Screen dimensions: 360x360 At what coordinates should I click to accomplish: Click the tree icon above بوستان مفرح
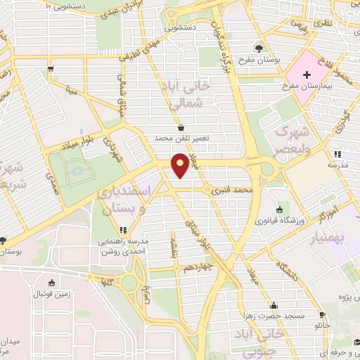coord(259,49)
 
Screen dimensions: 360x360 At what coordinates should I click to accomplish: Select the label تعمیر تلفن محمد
coord(184,139)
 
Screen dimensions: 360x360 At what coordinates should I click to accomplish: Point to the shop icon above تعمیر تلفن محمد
coord(183,128)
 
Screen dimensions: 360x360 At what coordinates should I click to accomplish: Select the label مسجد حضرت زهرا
coord(273,316)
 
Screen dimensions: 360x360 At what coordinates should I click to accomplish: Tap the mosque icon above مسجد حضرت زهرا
coord(273,306)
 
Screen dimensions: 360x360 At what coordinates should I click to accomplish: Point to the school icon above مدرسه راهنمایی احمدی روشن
coord(124,229)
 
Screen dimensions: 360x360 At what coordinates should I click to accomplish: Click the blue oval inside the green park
coord(76,169)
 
